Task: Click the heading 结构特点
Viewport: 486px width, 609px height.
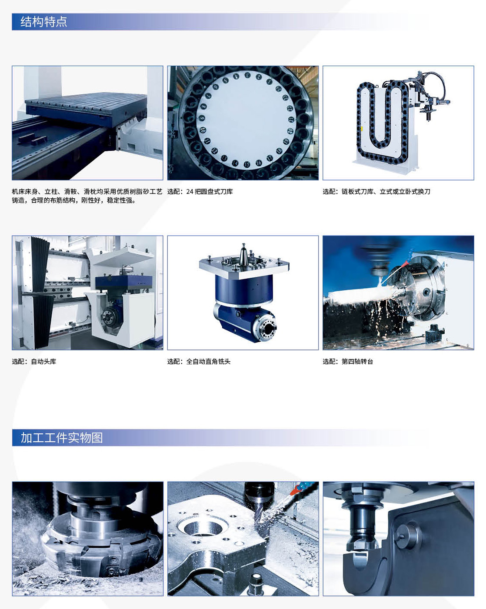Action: point(43,22)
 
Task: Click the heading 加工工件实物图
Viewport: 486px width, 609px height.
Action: point(61,437)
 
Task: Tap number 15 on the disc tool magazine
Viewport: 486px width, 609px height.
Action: point(247,164)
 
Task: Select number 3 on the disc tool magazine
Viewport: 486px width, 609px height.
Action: point(247,75)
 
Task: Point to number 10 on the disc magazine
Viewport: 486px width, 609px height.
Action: point(203,130)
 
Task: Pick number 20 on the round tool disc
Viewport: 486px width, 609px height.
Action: point(290,131)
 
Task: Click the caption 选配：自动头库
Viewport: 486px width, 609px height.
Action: point(34,361)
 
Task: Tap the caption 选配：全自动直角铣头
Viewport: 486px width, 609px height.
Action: point(199,361)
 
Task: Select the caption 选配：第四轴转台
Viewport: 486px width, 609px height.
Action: point(348,361)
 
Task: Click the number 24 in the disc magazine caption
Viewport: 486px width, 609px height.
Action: point(190,192)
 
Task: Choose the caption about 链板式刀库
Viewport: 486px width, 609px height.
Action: point(376,192)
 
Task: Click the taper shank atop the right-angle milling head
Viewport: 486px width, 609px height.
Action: point(243,254)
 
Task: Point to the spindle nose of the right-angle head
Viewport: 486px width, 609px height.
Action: point(266,328)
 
